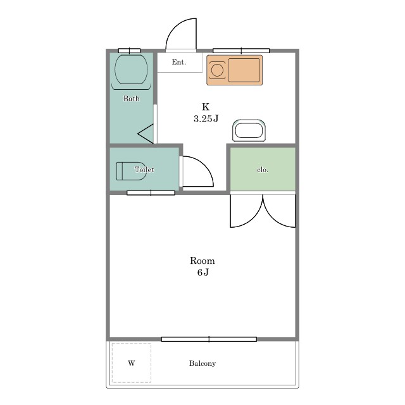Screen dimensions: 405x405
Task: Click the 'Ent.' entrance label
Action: tap(178, 62)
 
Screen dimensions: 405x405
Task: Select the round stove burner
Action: tap(217, 70)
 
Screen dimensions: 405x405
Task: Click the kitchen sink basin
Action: tap(244, 70)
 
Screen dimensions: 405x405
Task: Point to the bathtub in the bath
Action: tap(131, 69)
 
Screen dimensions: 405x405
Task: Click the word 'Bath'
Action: tap(132, 99)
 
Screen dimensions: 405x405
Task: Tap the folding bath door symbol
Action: tap(146, 134)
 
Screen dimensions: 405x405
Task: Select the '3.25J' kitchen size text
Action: tap(206, 119)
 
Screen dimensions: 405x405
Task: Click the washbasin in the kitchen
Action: tap(249, 130)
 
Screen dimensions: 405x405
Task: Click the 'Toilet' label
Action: tap(144, 170)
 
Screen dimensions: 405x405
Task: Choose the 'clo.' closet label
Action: tap(263, 170)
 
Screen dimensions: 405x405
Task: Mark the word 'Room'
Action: tap(202, 261)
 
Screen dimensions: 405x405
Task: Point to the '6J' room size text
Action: tap(202, 273)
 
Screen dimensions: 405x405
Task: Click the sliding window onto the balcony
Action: tap(209, 339)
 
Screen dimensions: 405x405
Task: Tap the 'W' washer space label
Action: tap(131, 363)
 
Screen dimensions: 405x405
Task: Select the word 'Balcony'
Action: tap(202, 363)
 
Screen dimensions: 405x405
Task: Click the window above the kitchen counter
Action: tap(241, 51)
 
